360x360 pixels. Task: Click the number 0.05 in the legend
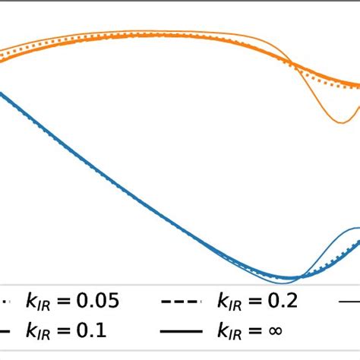pos(98,302)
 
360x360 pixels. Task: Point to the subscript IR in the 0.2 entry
pos(235,305)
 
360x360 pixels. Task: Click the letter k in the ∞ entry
pos(222,330)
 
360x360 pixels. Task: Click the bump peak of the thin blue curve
pos(350,228)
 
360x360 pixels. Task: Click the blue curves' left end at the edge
pos(2,93)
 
